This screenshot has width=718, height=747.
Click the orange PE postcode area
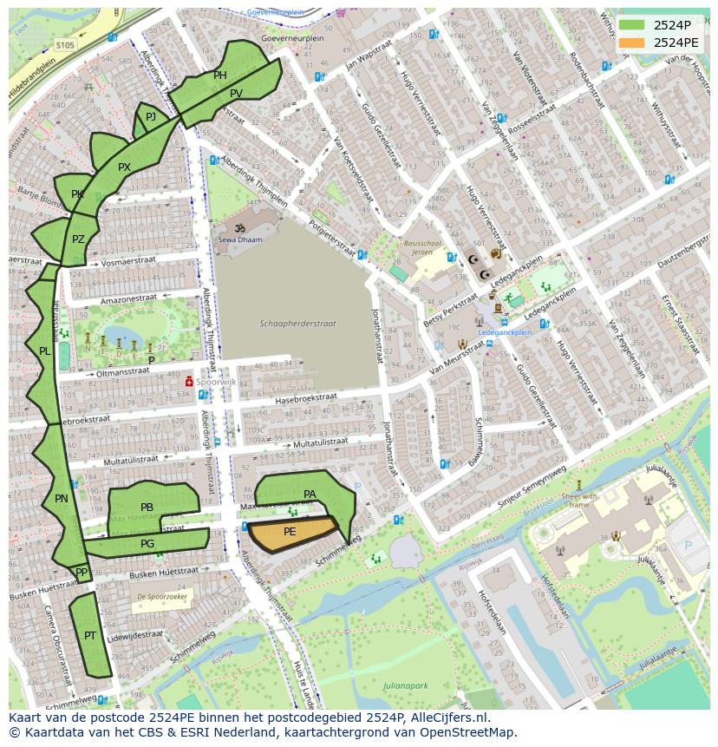[290, 532]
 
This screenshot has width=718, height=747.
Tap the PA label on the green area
[310, 495]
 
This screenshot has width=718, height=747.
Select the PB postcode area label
[147, 508]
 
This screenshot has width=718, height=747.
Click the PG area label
[147, 544]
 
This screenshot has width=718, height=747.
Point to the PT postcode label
[90, 636]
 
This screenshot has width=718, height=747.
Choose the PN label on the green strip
[61, 499]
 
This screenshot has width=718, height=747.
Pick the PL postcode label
[44, 351]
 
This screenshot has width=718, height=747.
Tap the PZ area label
[78, 239]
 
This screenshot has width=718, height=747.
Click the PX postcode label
[124, 167]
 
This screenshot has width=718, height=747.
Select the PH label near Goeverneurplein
[220, 75]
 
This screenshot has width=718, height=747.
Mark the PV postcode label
[236, 94]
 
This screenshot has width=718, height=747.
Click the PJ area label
[151, 116]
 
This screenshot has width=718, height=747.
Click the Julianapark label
[405, 685]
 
